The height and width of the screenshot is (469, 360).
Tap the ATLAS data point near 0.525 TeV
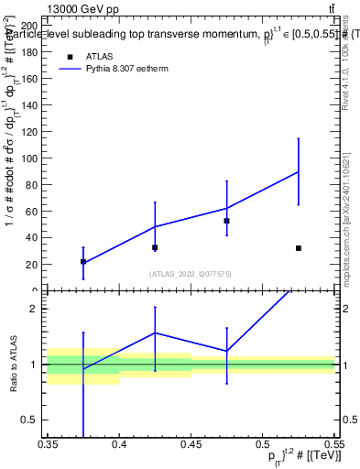299,248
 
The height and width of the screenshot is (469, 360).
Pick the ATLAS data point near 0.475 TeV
227,221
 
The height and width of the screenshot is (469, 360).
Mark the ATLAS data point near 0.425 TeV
155,247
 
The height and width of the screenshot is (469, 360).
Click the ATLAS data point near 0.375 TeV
83,262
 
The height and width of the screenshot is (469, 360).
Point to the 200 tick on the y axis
33,26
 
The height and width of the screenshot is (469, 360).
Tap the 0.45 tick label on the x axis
191,445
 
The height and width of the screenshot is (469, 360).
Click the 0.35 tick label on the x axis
48,445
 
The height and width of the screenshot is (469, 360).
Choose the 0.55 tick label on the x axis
333,445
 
